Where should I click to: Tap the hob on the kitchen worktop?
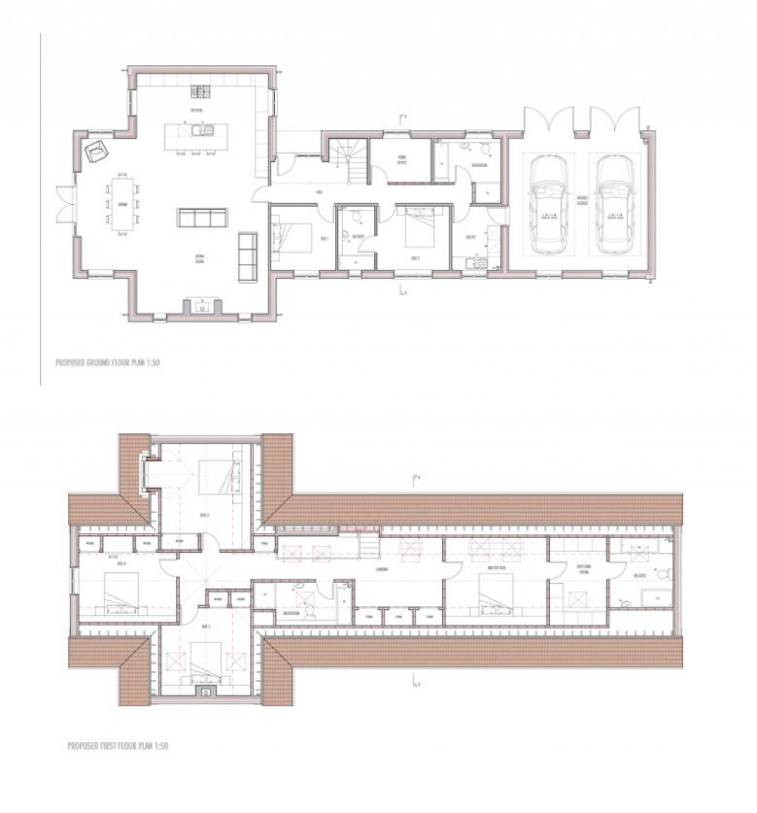201,92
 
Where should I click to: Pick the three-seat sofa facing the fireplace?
202,218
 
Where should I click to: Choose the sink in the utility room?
472,264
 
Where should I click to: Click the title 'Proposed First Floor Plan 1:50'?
118,746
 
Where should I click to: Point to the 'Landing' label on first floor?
382,570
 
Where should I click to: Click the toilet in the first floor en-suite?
664,573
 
